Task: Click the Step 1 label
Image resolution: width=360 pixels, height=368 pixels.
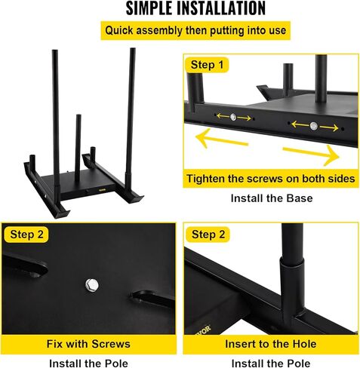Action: coord(208,65)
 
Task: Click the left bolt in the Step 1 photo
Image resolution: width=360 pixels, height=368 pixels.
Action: coord(233,118)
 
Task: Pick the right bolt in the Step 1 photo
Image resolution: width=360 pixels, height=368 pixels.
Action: coord(312,124)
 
